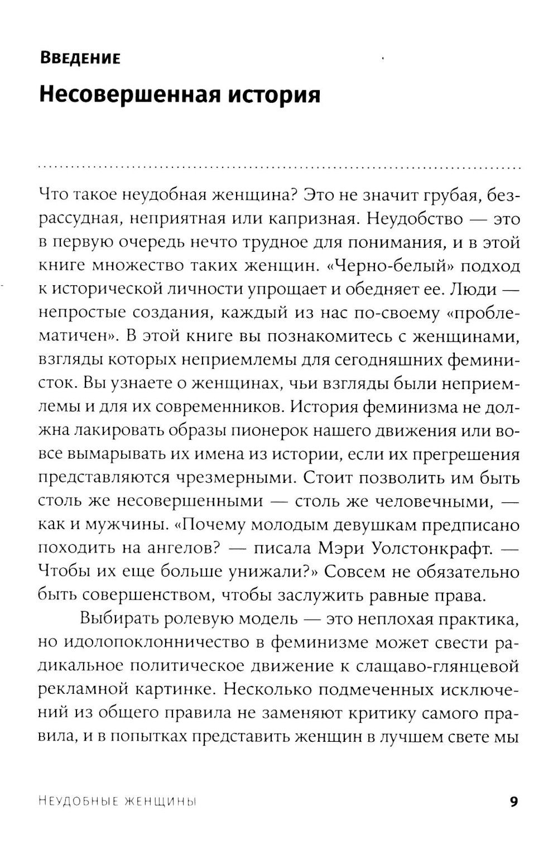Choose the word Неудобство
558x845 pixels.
pyautogui.click(x=415, y=219)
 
